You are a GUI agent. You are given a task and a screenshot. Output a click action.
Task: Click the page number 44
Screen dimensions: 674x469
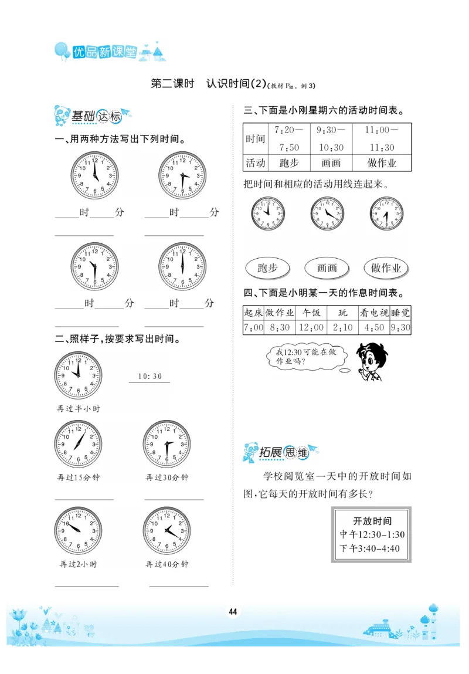click(233, 612)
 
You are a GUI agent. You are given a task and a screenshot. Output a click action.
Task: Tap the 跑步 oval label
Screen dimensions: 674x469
click(267, 268)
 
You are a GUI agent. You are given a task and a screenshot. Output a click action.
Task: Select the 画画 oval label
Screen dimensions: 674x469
click(327, 268)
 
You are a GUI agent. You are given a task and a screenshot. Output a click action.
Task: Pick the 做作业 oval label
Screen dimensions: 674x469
click(386, 268)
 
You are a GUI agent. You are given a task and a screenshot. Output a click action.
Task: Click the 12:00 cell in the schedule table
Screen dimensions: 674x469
click(311, 328)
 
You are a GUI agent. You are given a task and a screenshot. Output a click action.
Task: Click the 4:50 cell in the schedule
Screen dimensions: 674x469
click(374, 328)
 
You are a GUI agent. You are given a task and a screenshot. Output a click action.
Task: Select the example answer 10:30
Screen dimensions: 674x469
click(149, 377)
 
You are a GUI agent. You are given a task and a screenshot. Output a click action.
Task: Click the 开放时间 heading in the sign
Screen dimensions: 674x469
click(372, 521)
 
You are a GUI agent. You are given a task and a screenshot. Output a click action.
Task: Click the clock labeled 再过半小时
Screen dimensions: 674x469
click(78, 375)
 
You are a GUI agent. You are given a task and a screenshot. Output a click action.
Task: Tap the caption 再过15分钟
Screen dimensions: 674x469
click(79, 477)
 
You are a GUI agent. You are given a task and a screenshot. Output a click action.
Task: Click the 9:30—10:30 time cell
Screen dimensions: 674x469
click(331, 139)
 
